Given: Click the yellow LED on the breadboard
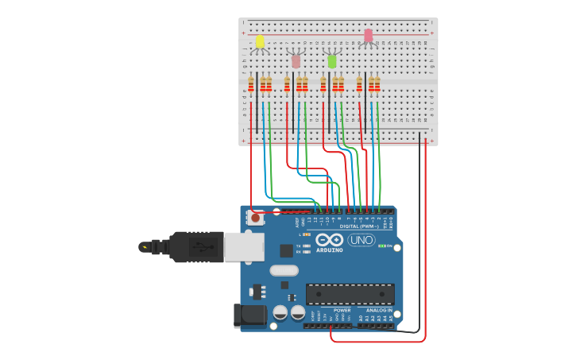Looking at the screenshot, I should point(260,41).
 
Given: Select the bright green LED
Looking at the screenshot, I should point(332,60).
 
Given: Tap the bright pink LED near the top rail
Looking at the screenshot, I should point(368,36).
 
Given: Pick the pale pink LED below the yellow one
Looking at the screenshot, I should point(296,60).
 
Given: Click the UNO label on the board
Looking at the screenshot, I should point(361,240).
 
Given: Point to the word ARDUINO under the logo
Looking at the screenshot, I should point(329,250).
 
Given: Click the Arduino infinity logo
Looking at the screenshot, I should point(329,240).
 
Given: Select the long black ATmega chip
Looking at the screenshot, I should point(350,294).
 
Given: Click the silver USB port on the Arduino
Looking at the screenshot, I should point(244,247).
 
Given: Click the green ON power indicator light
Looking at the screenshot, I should point(382,246).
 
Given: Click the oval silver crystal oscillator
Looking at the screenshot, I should point(284,270).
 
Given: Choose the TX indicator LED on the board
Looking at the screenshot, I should point(307,246).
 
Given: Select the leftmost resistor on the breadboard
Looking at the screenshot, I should point(251,84).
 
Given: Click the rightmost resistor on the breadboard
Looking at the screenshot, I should point(377,84).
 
